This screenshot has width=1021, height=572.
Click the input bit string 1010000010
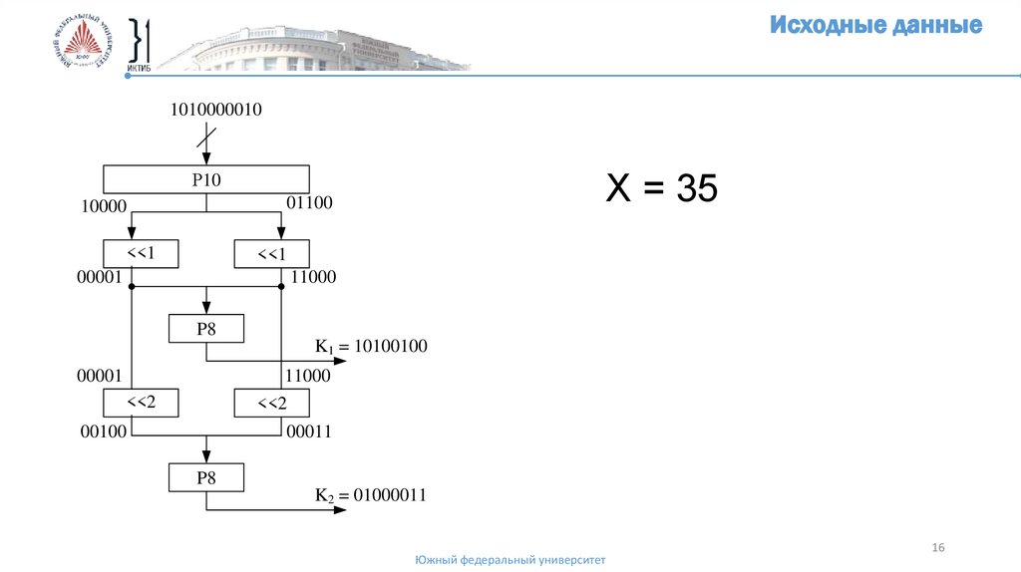click(216, 111)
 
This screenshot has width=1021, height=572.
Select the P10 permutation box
click(205, 180)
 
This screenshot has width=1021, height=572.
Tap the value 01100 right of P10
click(309, 203)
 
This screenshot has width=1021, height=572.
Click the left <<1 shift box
click(141, 254)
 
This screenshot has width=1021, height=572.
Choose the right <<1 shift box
click(271, 255)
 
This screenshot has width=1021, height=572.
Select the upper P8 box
click(205, 330)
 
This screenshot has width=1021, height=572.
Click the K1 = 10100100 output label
click(371, 347)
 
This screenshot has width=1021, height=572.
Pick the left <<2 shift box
click(141, 404)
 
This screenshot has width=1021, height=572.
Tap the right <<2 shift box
click(271, 404)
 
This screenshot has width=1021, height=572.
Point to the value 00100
click(101, 432)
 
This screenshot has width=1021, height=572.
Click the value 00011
click(308, 432)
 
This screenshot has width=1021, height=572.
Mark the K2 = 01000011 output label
click(371, 494)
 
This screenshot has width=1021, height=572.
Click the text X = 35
click(662, 188)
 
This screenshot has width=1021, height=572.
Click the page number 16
click(937, 548)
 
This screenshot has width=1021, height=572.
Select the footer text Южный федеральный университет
click(510, 560)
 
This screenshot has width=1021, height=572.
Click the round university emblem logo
click(80, 45)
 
